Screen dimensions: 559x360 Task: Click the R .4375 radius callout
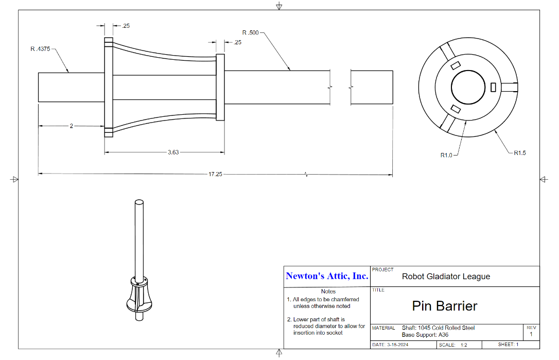40,49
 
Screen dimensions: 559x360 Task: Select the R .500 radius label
250,32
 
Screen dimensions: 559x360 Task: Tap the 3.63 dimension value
173,152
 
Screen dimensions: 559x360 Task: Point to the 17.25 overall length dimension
215,174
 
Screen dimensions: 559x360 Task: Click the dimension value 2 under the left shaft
72,126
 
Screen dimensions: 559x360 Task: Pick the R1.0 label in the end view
446,155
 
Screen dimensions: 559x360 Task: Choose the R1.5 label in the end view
520,153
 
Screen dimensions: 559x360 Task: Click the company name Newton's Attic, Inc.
327,276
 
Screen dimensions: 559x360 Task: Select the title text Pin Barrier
445,306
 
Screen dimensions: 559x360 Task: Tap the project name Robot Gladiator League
446,277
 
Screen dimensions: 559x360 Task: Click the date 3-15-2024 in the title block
397,345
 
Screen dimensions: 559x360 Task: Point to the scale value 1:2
464,345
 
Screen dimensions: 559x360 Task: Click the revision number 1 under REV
531,334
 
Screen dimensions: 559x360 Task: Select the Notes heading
328,292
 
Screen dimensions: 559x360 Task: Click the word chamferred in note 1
345,299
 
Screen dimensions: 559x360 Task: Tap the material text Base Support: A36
425,335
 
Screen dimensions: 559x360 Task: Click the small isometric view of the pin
139,260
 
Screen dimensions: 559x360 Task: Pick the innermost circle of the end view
468,71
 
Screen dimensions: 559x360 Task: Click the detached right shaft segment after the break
372,88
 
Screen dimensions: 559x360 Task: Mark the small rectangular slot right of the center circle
494,87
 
